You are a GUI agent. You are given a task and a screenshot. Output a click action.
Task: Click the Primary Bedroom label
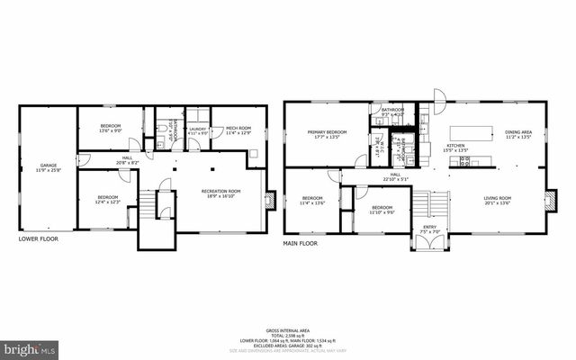327,134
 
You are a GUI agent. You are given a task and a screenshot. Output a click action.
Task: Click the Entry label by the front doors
430,229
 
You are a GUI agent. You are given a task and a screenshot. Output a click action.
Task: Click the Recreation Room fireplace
268,200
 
